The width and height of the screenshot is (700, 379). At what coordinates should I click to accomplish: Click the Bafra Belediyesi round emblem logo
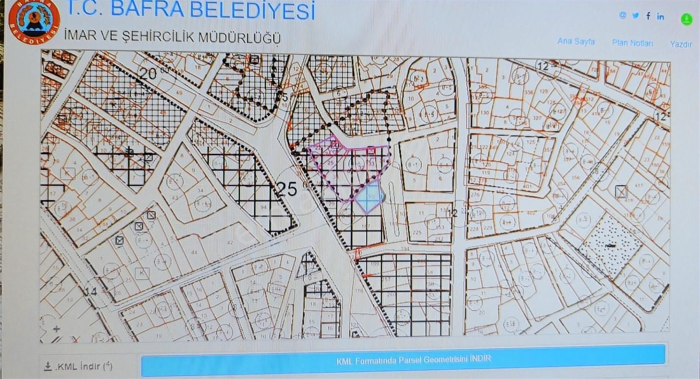pyautogui.click(x=34, y=21)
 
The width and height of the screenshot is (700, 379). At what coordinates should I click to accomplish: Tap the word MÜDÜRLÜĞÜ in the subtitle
pyautogui.click(x=239, y=38)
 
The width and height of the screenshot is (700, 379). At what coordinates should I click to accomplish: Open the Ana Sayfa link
pyautogui.click(x=576, y=41)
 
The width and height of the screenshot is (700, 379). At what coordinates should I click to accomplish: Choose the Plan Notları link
pyautogui.click(x=632, y=43)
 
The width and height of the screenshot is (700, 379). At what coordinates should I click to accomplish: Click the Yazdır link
pyautogui.click(x=681, y=44)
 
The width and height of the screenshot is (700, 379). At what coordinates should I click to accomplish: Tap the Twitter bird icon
pyautogui.click(x=635, y=16)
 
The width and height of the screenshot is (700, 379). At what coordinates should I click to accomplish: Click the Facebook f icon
pyautogui.click(x=648, y=16)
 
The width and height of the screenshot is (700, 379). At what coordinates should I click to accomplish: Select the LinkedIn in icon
pyautogui.click(x=660, y=17)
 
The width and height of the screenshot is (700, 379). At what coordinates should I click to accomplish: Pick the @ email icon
pyautogui.click(x=623, y=15)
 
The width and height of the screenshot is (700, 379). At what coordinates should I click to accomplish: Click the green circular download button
pyautogui.click(x=686, y=19)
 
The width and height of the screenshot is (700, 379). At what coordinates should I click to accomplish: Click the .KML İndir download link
pyautogui.click(x=79, y=366)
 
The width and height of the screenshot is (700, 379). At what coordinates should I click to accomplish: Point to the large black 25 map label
pyautogui.click(x=287, y=189)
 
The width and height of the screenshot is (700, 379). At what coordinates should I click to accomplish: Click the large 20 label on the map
pyautogui.click(x=148, y=74)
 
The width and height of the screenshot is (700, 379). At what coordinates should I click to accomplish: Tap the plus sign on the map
pyautogui.click(x=56, y=329)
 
